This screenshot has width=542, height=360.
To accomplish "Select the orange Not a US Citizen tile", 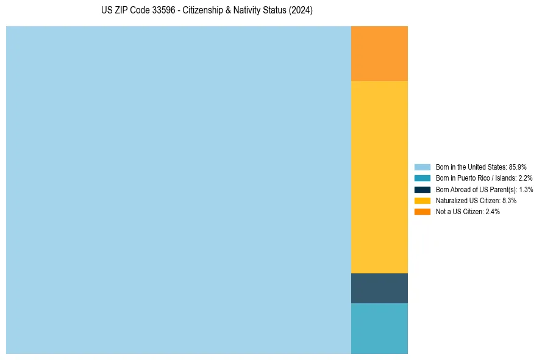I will (x=379, y=54).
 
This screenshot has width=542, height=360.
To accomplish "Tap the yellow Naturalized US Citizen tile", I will (x=379, y=177).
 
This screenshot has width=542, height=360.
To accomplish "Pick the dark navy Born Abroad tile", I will (x=379, y=288).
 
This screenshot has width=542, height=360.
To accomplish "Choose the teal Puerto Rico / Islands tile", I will (x=379, y=328).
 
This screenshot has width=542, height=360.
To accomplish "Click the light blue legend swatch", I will (x=422, y=167).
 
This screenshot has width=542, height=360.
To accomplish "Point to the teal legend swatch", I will (x=422, y=178).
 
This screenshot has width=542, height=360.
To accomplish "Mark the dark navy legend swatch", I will (x=422, y=189).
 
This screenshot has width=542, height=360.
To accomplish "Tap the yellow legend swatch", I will (x=422, y=200).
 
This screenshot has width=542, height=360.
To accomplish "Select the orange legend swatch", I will (x=422, y=211).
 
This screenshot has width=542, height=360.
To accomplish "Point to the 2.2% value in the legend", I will (x=526, y=178).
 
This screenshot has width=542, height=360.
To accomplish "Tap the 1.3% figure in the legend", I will (x=526, y=189).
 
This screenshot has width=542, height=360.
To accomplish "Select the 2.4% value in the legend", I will (x=493, y=211).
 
